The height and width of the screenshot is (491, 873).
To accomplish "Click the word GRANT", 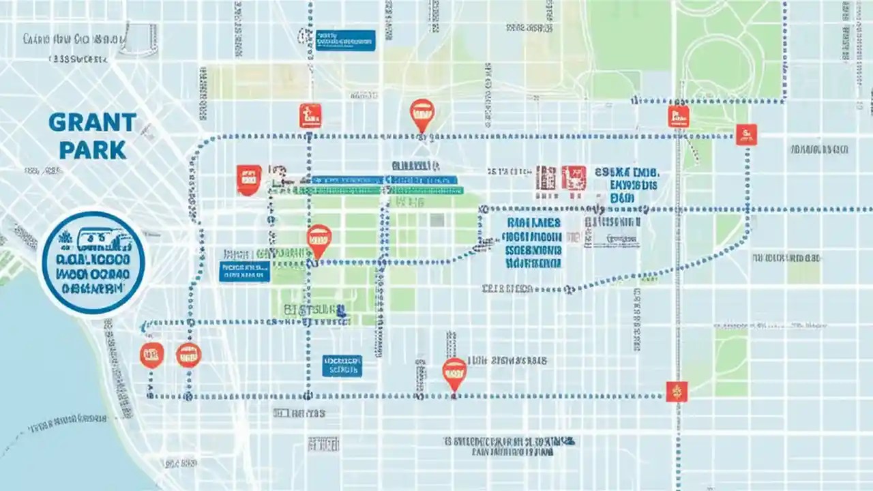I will (x=93, y=123).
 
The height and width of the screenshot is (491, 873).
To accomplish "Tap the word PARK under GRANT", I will (x=93, y=149).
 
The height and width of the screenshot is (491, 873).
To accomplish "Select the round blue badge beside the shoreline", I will (x=93, y=263).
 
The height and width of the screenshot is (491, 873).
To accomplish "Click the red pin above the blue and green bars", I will (x=421, y=113).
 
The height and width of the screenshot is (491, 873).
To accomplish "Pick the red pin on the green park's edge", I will (x=319, y=240).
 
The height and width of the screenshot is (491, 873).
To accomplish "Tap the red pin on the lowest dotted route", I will (x=454, y=372).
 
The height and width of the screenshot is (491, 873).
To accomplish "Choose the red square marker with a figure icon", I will (x=310, y=115).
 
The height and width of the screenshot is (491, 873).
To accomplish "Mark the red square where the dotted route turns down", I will (x=746, y=134).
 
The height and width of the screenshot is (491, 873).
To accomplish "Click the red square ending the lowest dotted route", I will (x=677, y=391).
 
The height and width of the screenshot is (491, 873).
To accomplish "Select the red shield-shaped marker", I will (x=248, y=179).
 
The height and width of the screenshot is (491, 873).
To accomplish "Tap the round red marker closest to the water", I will (x=151, y=355).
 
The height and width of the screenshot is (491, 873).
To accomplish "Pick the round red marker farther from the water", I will (x=188, y=355).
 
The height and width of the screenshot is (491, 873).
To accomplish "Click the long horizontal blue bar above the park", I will (x=384, y=180).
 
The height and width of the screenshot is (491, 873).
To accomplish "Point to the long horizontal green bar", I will (x=386, y=191).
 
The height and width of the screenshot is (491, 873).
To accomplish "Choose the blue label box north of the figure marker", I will (x=346, y=40).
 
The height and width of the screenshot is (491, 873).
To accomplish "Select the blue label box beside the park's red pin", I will (x=244, y=271).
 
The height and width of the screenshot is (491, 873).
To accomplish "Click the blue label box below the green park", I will (x=342, y=366).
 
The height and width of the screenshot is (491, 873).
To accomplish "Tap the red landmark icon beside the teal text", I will (x=574, y=177).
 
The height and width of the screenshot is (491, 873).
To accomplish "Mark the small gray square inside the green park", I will (x=437, y=220).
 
